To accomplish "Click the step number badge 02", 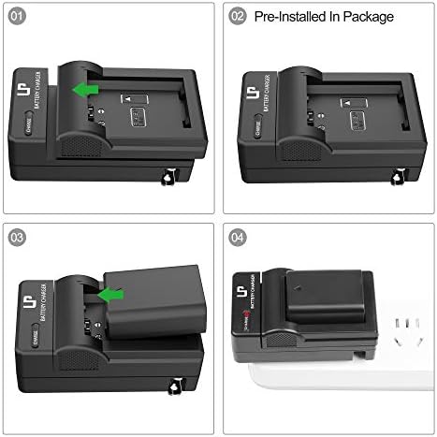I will [x=238, y=16].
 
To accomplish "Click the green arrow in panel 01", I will [x=87, y=89].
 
